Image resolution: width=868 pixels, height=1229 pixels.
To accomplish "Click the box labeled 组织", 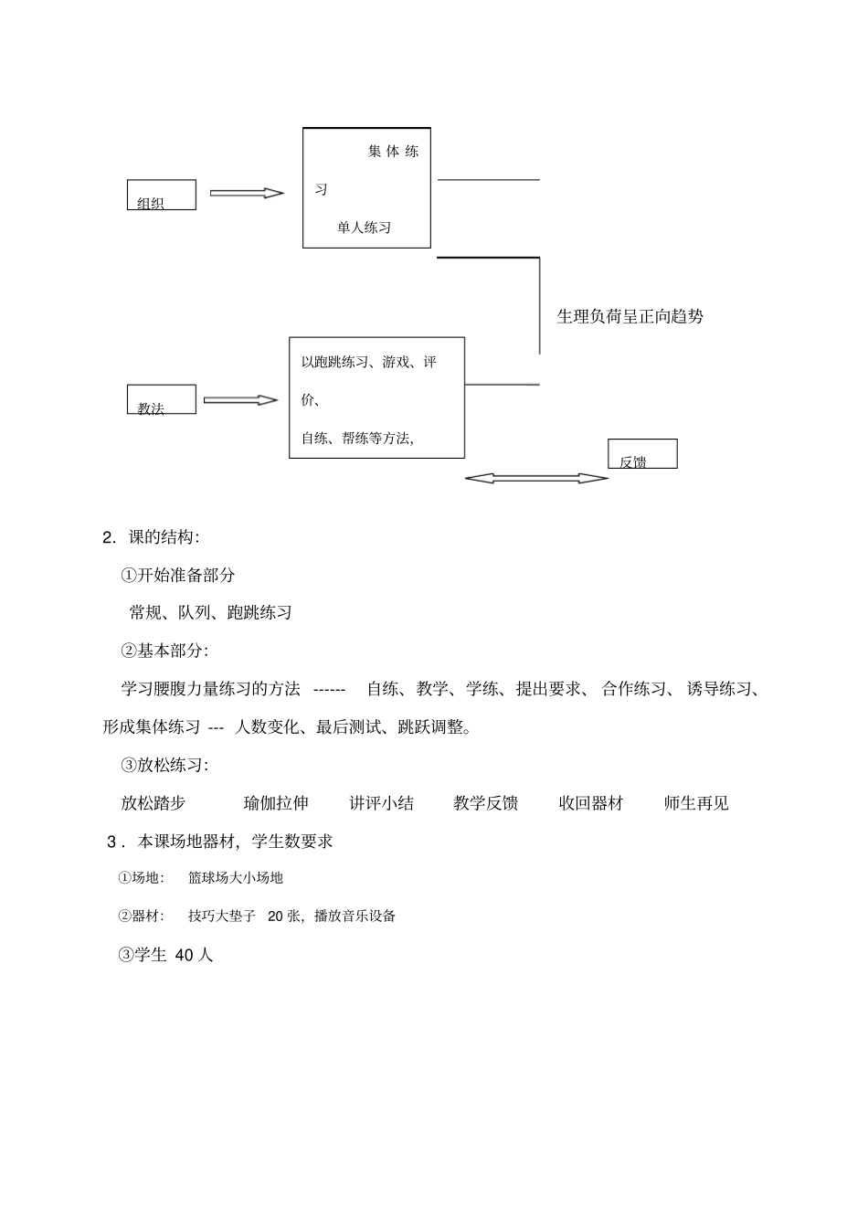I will tap(161, 195).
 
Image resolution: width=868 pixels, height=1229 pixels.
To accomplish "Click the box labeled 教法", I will tap(161, 399).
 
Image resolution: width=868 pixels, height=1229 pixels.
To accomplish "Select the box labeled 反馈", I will tap(642, 454).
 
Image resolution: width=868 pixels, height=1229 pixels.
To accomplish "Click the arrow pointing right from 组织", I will tap(247, 193).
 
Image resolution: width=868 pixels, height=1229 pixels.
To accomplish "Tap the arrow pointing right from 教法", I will tap(240, 400).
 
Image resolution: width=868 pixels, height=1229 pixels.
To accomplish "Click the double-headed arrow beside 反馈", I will tap(536, 478).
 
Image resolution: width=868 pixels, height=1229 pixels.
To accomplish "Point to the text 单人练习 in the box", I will tap(364, 228).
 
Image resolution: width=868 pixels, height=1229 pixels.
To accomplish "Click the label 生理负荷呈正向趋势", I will tap(630, 317).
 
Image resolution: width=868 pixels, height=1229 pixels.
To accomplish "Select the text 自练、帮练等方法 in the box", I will tap(357, 438).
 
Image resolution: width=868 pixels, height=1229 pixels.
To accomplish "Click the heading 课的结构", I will tap(163, 537).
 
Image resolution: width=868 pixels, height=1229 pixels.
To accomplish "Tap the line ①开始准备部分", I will tap(178, 575).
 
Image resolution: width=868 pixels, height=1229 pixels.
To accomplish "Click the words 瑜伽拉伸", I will tap(276, 803).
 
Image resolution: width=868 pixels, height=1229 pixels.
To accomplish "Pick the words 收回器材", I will tap(591, 803).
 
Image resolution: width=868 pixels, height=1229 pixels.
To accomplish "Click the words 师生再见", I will tap(696, 803).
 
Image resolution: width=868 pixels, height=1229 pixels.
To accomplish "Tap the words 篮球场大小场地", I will tap(236, 877).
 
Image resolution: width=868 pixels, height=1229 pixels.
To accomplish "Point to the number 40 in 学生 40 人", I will tap(183, 955).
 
